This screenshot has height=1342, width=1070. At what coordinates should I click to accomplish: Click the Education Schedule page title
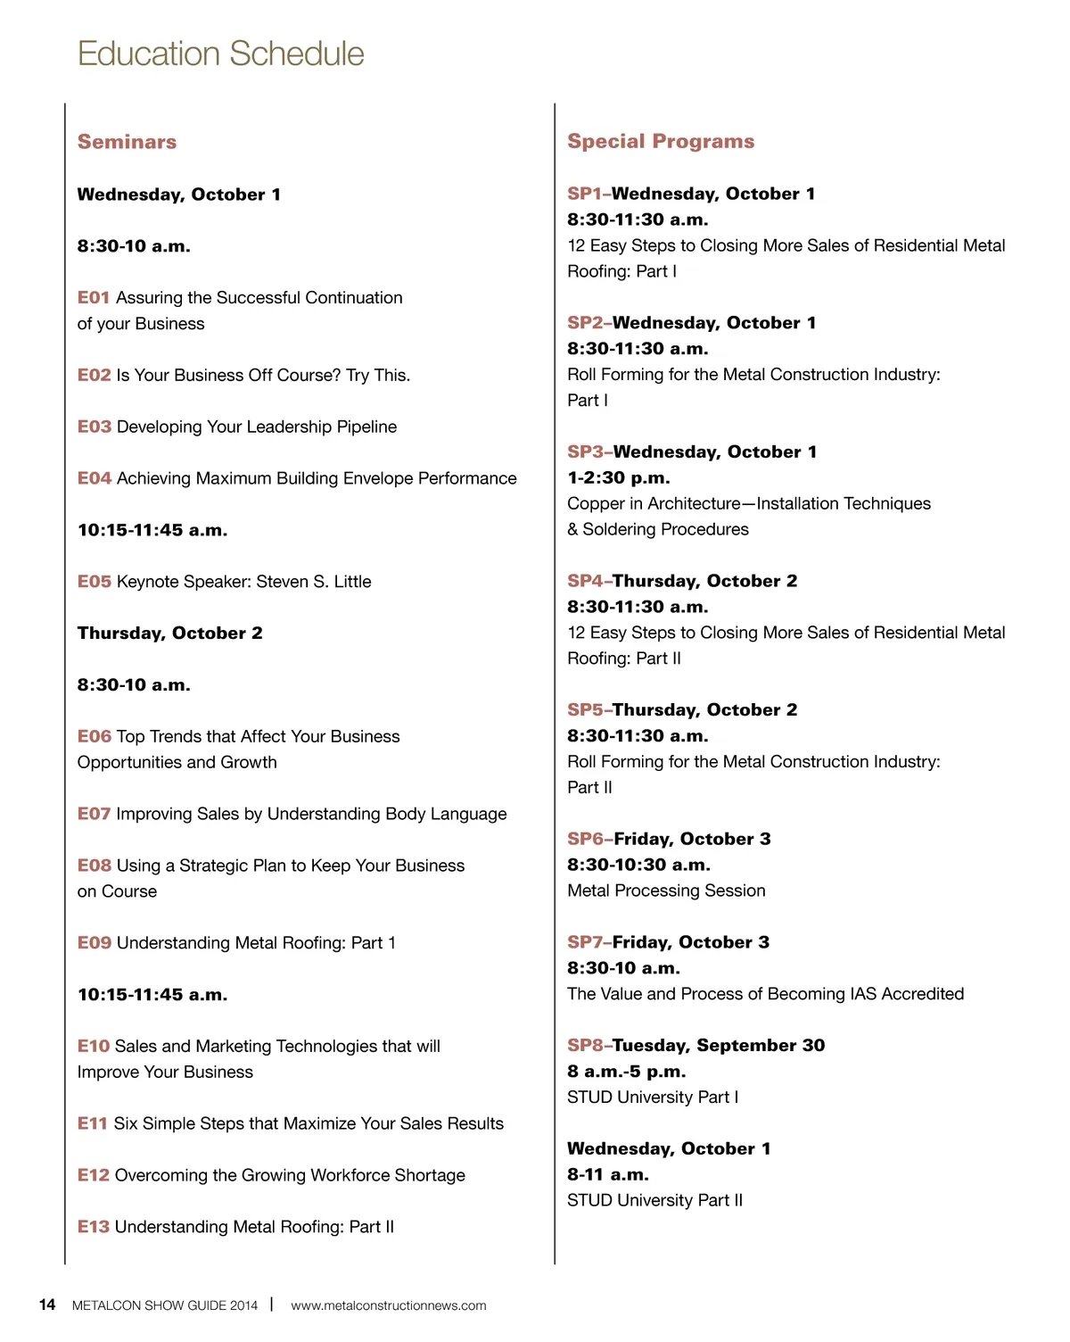220,54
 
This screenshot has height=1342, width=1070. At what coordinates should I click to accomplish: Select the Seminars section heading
127,142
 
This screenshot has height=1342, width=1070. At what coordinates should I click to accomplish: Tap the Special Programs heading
661,141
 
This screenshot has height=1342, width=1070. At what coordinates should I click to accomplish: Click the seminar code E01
93,298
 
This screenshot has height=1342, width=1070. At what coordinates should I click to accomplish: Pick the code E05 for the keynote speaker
94,582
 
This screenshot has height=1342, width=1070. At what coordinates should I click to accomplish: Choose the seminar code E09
94,943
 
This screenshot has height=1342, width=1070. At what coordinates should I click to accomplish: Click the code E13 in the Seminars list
93,1227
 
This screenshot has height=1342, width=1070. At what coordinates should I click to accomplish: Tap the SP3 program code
585,452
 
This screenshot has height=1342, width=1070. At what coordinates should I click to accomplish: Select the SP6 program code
585,839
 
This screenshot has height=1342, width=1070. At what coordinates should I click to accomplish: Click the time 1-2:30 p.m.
618,478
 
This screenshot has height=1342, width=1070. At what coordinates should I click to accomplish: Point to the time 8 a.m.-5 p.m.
626,1072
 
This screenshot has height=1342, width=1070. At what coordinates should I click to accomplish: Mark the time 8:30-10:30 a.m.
638,865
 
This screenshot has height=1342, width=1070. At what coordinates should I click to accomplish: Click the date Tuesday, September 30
719,1046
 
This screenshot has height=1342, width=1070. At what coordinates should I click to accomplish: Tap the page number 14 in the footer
47,1305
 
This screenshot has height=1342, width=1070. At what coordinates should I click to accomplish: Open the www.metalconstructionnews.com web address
388,1305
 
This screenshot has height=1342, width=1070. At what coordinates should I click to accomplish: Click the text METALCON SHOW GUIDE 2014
164,1305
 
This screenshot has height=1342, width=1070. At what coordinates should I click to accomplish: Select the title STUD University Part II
654,1201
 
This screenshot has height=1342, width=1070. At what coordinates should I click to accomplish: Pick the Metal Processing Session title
666,891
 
